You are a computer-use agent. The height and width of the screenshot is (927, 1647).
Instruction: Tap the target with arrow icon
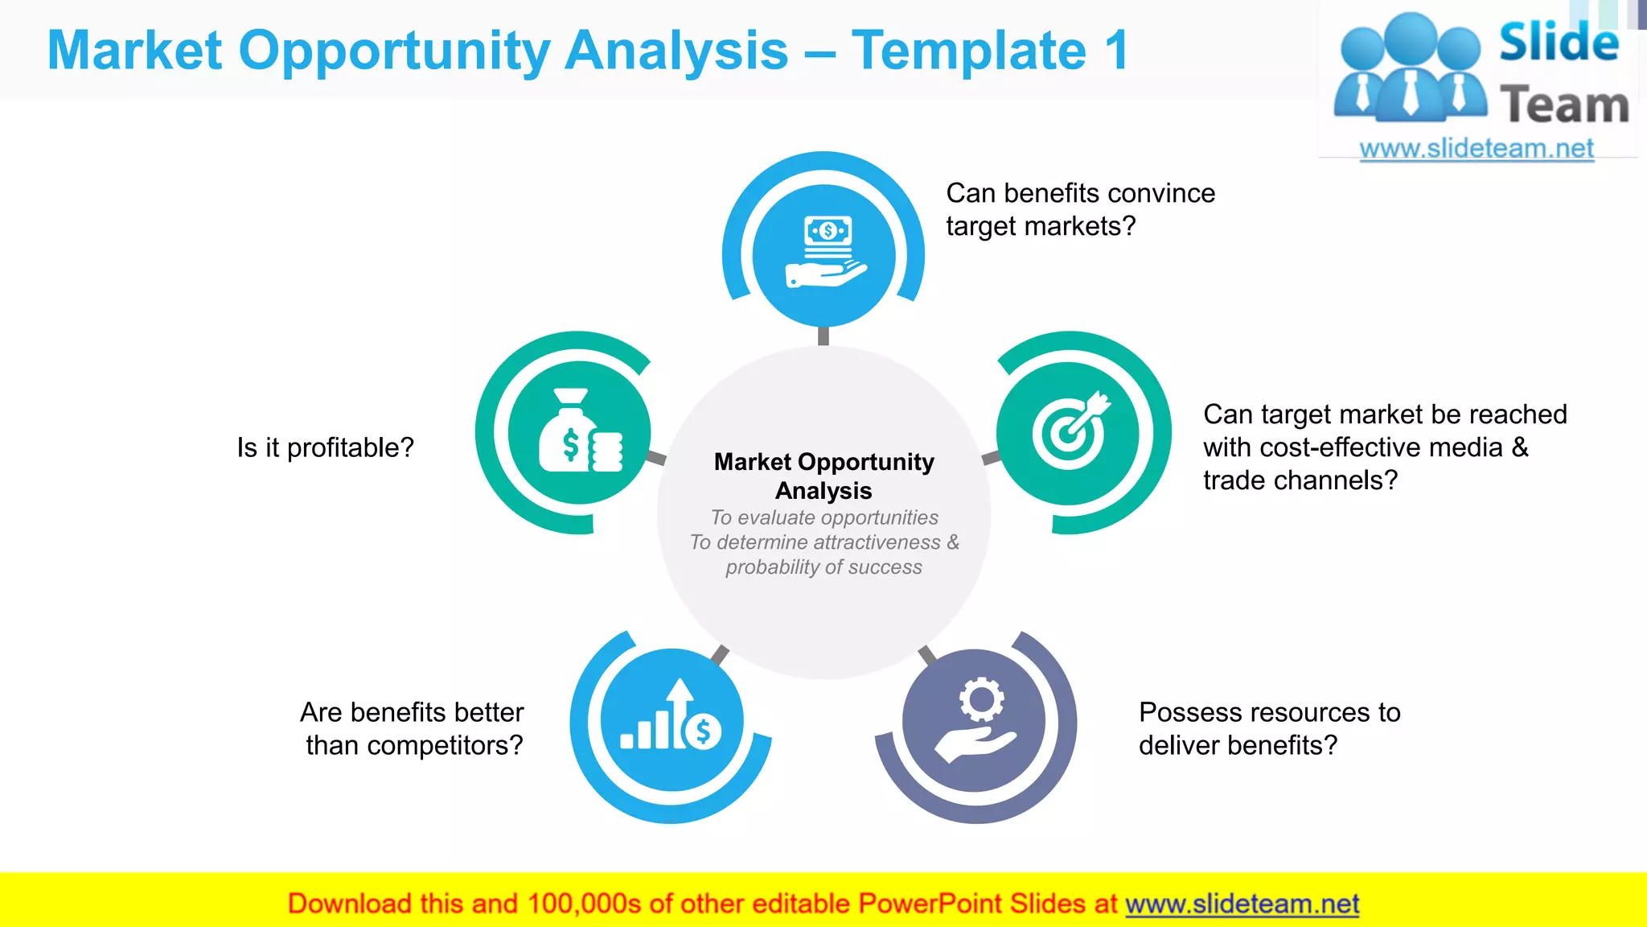(x=1070, y=432)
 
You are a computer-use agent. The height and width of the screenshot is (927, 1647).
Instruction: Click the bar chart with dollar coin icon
(x=672, y=718)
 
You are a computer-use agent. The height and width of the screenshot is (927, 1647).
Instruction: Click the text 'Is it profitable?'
(x=325, y=447)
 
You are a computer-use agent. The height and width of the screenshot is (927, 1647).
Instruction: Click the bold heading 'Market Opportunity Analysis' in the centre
(x=823, y=476)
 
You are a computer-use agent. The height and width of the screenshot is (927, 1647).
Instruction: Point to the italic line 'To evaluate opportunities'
(x=823, y=517)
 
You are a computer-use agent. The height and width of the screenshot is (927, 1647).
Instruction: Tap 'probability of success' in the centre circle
(x=823, y=567)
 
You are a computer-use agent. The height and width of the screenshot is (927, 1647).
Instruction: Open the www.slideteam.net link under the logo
(x=1476, y=148)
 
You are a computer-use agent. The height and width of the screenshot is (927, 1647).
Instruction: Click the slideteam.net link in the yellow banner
(x=1242, y=904)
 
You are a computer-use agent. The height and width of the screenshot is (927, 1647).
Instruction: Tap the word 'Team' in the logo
(x=1563, y=105)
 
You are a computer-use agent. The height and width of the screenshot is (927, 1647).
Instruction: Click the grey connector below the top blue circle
(x=823, y=336)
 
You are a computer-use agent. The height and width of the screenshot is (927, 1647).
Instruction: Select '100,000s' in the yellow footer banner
(x=584, y=904)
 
